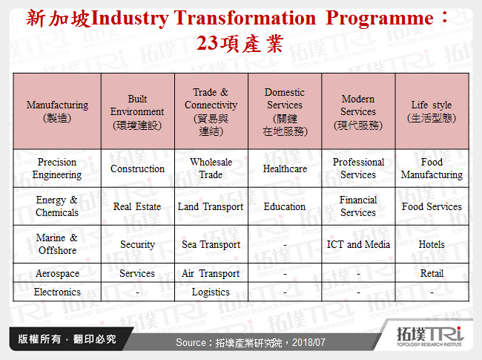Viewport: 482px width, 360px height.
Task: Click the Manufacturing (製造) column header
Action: pyautogui.click(x=57, y=111)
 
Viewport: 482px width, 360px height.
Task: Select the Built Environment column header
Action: pyautogui.click(x=137, y=111)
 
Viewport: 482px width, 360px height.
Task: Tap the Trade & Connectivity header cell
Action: pyautogui.click(x=211, y=111)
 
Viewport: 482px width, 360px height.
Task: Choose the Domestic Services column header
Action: pyautogui.click(x=284, y=111)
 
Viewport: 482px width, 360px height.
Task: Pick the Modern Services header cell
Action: pyautogui.click(x=357, y=111)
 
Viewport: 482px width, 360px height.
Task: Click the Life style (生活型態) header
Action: pyautogui.click(x=432, y=111)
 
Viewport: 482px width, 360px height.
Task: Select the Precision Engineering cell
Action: pyautogui.click(x=57, y=168)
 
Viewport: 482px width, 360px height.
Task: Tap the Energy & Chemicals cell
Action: pyautogui.click(x=57, y=206)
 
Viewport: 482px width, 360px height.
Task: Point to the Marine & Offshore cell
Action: pyautogui.click(x=57, y=244)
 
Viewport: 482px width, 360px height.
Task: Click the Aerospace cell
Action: pyautogui.click(x=57, y=273)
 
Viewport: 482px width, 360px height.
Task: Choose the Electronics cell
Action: pyautogui.click(x=57, y=292)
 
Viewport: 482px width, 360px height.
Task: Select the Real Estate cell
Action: pyautogui.click(x=137, y=206)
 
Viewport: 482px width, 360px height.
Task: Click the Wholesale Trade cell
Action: pyautogui.click(x=211, y=168)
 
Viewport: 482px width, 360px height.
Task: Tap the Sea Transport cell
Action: pyautogui.click(x=211, y=244)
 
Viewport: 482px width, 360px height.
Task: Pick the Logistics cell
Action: pyautogui.click(x=211, y=292)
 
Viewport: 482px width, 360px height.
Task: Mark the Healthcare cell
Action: pyautogui.click(x=284, y=168)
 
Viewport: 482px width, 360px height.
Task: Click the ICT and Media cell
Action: pyautogui.click(x=357, y=244)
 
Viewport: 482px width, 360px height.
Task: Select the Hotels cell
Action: pyautogui.click(x=432, y=244)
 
